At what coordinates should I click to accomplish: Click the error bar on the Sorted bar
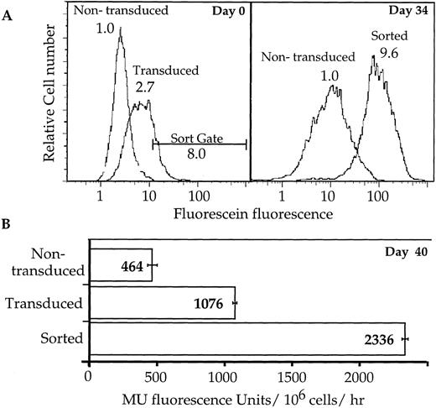(x=406, y=338)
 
